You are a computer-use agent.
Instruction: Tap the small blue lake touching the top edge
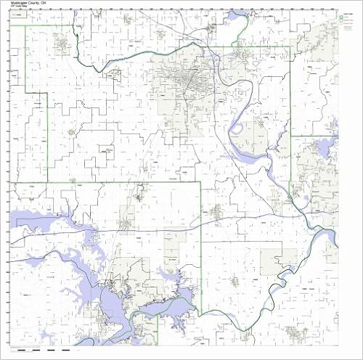235,16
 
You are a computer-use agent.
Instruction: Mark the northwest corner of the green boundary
27,27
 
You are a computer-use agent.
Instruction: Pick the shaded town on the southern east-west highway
128,218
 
